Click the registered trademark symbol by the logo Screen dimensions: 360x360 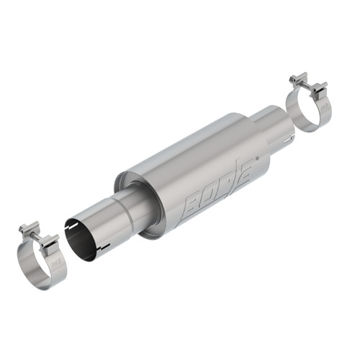pos(257,158)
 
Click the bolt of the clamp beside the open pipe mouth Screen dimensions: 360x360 pos(39,236)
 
